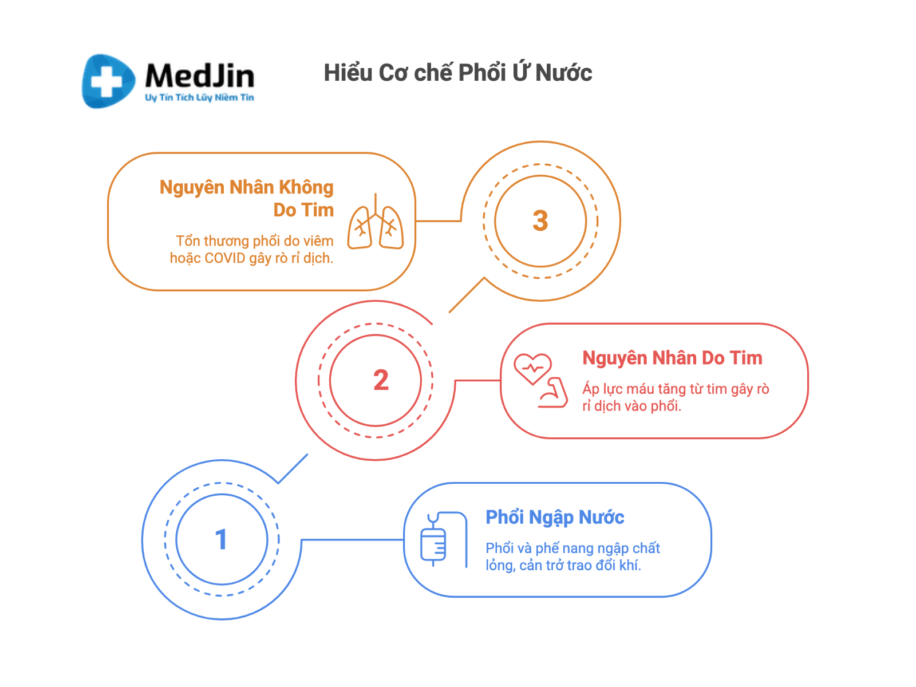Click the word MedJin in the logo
(199, 76)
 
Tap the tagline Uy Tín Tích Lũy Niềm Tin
(199, 97)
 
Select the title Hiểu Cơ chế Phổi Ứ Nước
(457, 73)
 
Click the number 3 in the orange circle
(540, 221)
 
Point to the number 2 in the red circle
(381, 380)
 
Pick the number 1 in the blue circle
(221, 539)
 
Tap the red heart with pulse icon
(532, 368)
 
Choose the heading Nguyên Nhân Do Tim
(672, 358)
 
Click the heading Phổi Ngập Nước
(555, 518)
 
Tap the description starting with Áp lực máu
(676, 397)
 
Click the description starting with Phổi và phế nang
(572, 556)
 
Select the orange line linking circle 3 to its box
(439, 220)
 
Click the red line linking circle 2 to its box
(478, 380)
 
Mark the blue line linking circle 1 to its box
(352, 539)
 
